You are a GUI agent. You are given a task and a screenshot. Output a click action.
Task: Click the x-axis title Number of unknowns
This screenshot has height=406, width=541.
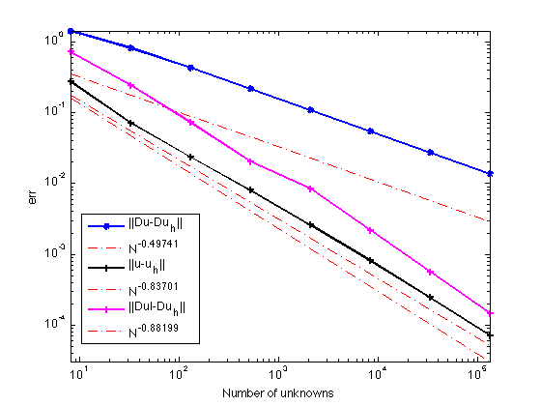click(x=278, y=392)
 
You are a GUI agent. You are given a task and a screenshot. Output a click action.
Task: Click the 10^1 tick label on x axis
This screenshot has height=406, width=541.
click(x=79, y=373)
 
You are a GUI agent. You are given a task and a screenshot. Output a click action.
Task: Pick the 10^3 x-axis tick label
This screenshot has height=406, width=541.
click(x=278, y=373)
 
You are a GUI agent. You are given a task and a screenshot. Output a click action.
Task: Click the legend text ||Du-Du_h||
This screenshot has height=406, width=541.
click(x=156, y=224)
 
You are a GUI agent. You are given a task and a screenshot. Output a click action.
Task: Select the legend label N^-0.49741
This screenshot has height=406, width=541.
click(x=154, y=246)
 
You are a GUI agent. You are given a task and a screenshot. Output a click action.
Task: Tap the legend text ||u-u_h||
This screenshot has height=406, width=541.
click(x=147, y=266)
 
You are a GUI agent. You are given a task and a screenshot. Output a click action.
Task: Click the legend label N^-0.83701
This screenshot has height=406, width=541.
click(x=154, y=288)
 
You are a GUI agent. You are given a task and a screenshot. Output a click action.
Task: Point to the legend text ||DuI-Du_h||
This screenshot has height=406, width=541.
click(x=157, y=308)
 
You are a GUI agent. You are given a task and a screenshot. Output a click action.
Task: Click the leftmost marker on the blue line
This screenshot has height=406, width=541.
click(x=71, y=31)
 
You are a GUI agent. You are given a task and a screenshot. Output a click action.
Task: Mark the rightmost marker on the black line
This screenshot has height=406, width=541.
click(x=490, y=334)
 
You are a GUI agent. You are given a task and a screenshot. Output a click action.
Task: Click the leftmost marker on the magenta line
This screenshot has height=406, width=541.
click(x=71, y=52)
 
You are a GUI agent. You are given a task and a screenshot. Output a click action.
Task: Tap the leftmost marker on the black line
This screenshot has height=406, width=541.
click(x=71, y=82)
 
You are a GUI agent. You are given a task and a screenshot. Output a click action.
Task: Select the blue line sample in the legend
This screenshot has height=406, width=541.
click(x=106, y=226)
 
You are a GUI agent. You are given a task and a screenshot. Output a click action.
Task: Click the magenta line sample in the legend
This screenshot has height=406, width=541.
click(x=106, y=309)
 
